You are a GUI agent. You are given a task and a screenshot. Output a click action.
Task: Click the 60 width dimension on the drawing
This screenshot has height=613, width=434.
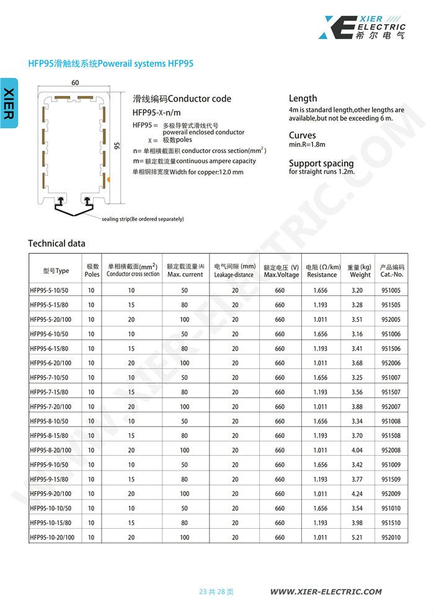click(x=75, y=83)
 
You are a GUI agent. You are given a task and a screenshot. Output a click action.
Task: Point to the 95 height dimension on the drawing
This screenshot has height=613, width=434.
click(x=117, y=146)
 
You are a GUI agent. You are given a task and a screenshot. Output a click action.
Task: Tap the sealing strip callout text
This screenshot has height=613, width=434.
click(x=143, y=219)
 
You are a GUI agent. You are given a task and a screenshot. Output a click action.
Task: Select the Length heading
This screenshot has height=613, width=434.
click(x=303, y=98)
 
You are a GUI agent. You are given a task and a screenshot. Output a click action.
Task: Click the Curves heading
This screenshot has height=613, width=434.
click(x=302, y=135)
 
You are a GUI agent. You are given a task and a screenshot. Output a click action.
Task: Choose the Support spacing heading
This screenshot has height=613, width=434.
click(x=321, y=163)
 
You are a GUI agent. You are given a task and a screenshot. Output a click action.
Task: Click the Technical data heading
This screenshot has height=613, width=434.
click(x=57, y=243)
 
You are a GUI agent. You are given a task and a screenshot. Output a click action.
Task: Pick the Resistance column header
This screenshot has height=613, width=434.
click(x=322, y=271)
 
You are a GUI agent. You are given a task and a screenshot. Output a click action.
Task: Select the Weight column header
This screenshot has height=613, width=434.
click(x=360, y=271)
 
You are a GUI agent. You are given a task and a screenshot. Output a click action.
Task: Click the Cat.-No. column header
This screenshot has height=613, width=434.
click(x=392, y=271)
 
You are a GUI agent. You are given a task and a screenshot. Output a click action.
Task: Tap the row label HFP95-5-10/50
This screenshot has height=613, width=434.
click(x=50, y=290)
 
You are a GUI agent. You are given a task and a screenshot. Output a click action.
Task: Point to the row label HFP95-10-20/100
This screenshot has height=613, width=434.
click(x=52, y=537)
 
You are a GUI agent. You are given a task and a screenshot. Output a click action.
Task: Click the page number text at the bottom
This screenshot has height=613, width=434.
click(x=216, y=592)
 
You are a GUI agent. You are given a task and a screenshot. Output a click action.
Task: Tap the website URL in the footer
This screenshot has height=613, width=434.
click(x=326, y=592)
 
